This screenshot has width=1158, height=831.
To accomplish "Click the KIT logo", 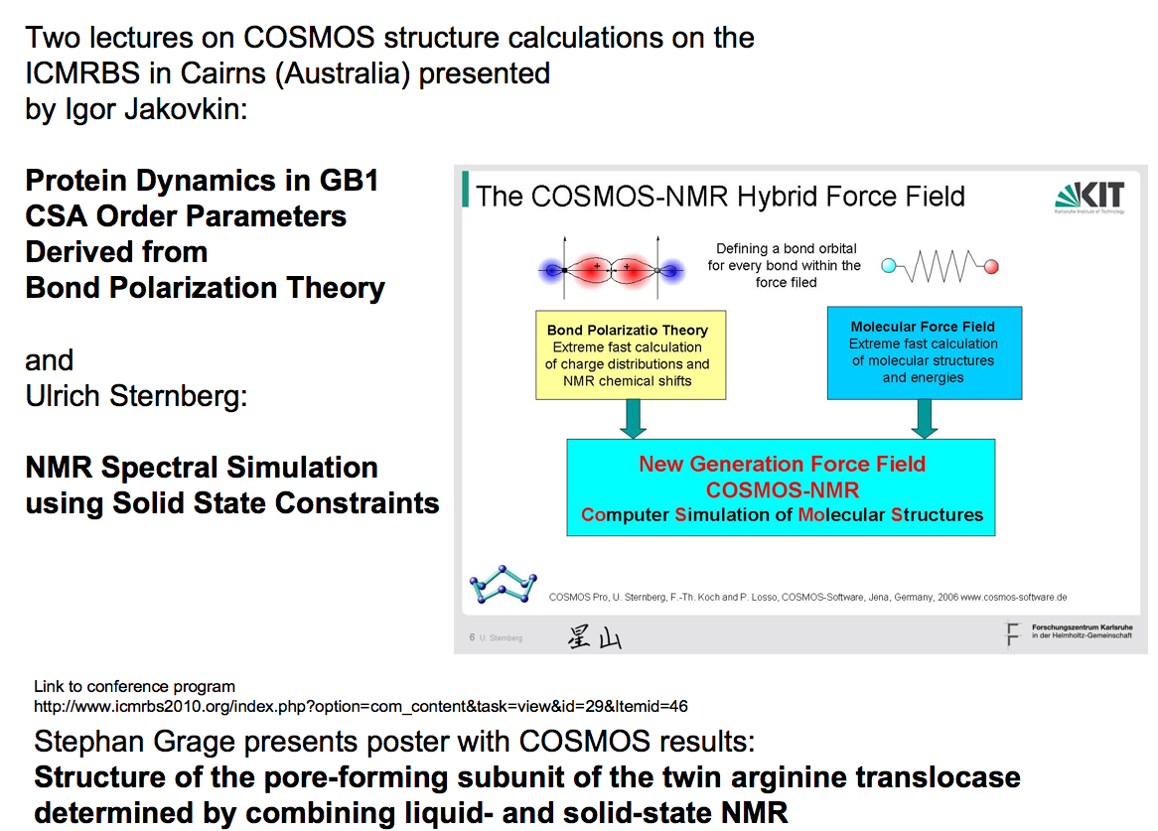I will pos(1090,197).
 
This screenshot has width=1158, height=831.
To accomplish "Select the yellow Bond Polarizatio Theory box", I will pos(627,355).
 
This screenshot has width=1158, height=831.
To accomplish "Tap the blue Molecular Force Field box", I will pos(923,352).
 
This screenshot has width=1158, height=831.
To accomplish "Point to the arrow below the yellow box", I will pos(633,419).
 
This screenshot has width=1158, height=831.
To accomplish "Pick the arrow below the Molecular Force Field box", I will pos(925,419).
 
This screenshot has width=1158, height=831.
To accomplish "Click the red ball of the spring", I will pos(990,266).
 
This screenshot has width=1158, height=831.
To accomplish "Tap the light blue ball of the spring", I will pos(890,266).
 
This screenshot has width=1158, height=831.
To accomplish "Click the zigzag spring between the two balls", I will pos(940,266).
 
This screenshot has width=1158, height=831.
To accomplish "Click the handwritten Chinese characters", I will pos(594,637).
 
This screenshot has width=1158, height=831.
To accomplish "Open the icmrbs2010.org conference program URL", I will pos(361,706).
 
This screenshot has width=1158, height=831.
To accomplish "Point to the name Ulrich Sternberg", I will pos(135,395).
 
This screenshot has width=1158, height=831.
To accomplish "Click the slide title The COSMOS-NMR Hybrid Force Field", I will pos(720,196).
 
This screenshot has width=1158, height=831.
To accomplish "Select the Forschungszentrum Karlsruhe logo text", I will pos(1081,632).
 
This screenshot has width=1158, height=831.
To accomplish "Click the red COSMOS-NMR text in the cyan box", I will pos(783,489).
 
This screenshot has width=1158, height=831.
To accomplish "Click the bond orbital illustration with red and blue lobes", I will pos(610,268).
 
